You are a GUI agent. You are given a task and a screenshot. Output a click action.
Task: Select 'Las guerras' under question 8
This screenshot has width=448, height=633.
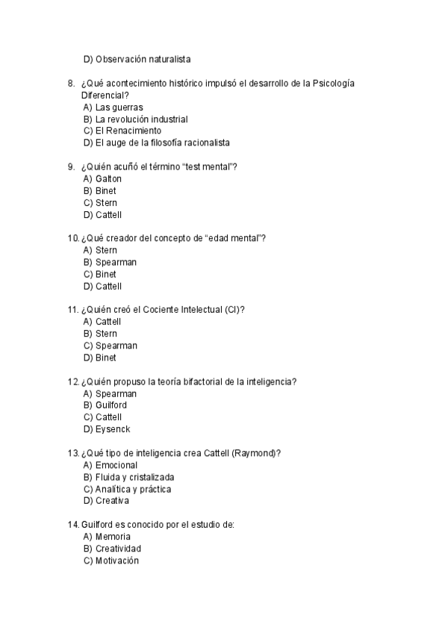[x=119, y=107]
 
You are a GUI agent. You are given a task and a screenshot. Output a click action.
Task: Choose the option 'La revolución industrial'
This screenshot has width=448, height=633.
[x=141, y=119]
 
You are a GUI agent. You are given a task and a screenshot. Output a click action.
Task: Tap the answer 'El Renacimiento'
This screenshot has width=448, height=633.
[x=128, y=131]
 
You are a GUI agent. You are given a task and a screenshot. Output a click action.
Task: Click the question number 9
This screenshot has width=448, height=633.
[x=71, y=166]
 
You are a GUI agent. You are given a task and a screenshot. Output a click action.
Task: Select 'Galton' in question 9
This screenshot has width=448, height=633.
[x=108, y=178]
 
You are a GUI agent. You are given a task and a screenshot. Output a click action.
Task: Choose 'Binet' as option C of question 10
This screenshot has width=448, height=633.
[x=106, y=274]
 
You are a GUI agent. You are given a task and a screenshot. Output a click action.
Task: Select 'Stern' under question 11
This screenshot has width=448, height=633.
[x=106, y=334]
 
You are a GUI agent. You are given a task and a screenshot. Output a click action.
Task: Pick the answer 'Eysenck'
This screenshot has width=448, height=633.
[x=113, y=429]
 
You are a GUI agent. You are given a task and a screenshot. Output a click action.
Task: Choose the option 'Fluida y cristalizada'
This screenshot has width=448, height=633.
[x=134, y=477]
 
